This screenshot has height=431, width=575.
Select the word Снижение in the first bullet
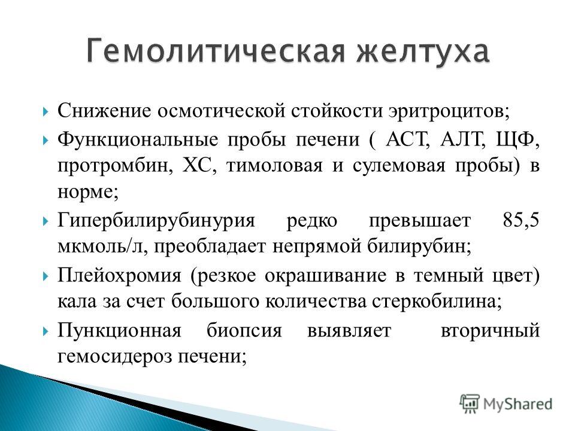click(x=104, y=110)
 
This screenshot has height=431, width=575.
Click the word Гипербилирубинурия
click(x=156, y=221)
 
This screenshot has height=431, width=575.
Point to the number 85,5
click(x=521, y=221)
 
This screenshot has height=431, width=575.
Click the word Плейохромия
click(x=119, y=275)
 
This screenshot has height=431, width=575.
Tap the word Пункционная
click(x=119, y=330)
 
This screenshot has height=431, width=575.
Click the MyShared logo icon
click(x=470, y=403)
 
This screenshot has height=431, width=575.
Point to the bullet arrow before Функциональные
click(x=46, y=140)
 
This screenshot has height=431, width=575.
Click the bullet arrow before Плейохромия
click(x=46, y=275)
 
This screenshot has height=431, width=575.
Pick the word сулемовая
click(x=399, y=166)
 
